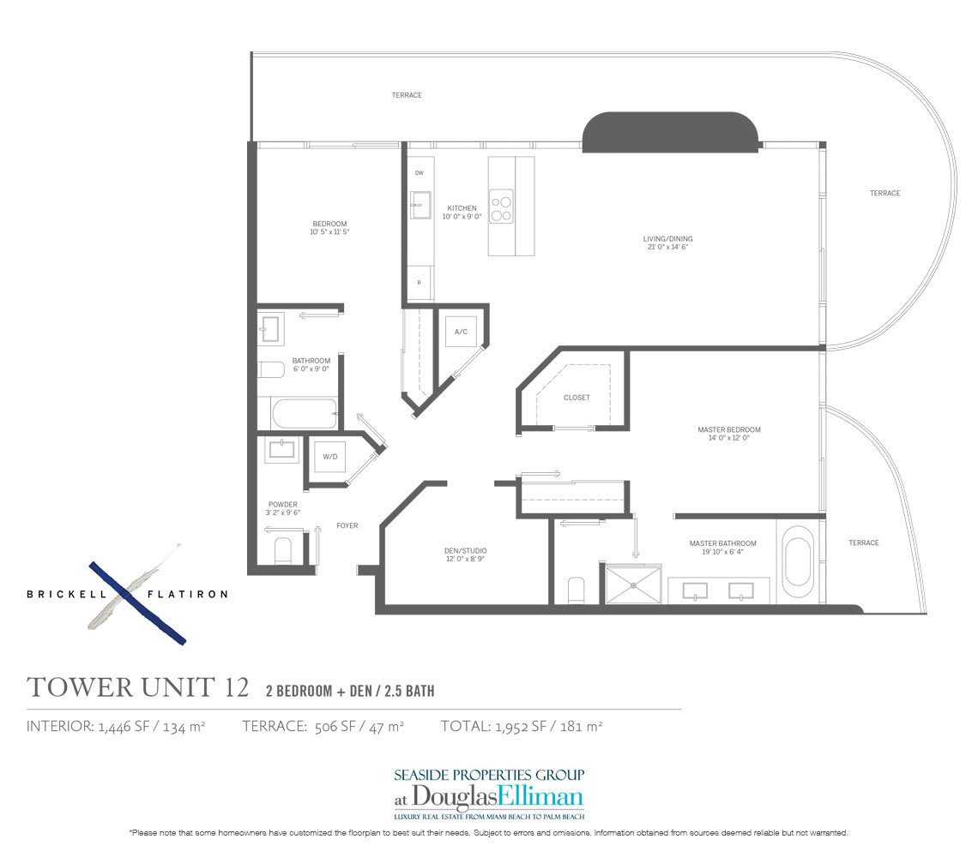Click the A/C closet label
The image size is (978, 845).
[x=461, y=332]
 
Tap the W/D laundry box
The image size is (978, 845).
[x=329, y=457]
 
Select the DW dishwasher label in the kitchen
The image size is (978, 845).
[x=420, y=173]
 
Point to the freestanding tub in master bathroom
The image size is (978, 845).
[x=798, y=560]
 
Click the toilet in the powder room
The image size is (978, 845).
[x=283, y=552]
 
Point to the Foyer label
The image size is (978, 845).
[x=347, y=525]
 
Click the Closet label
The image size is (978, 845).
[x=576, y=398]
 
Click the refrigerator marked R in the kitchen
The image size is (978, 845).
[x=420, y=282]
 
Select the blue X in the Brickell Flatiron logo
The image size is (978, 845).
[x=137, y=602]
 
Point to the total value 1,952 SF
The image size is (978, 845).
[x=522, y=726]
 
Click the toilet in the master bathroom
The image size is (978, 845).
[x=577, y=590]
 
